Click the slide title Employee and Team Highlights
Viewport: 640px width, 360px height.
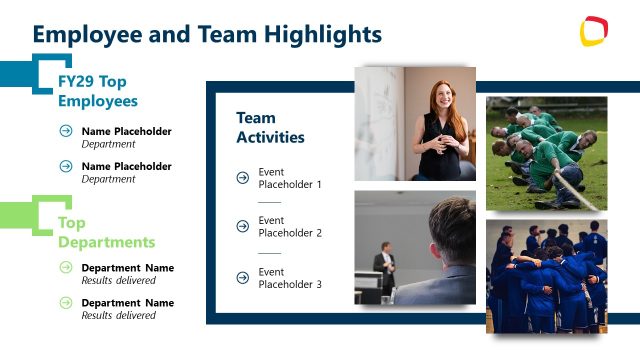[207, 34]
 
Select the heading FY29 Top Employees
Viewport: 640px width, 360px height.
[97, 91]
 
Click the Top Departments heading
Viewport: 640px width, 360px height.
[106, 232]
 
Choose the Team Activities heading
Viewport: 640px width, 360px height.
[270, 128]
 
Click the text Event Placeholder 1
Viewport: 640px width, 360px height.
[290, 178]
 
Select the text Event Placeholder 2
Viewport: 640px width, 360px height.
[290, 227]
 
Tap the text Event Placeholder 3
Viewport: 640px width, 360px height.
[290, 278]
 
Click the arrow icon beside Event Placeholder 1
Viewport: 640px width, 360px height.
[242, 178]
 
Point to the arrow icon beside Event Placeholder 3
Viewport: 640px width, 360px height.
[242, 278]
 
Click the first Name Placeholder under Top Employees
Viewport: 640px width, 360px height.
[126, 131]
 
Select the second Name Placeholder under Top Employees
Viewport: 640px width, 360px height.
[126, 166]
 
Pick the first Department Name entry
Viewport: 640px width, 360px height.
[127, 268]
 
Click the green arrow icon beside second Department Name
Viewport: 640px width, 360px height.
[66, 303]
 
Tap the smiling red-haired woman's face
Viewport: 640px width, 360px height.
[442, 98]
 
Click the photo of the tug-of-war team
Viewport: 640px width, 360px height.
[546, 153]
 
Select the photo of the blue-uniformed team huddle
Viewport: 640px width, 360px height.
[546, 276]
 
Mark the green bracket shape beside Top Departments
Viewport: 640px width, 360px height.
[40, 215]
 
